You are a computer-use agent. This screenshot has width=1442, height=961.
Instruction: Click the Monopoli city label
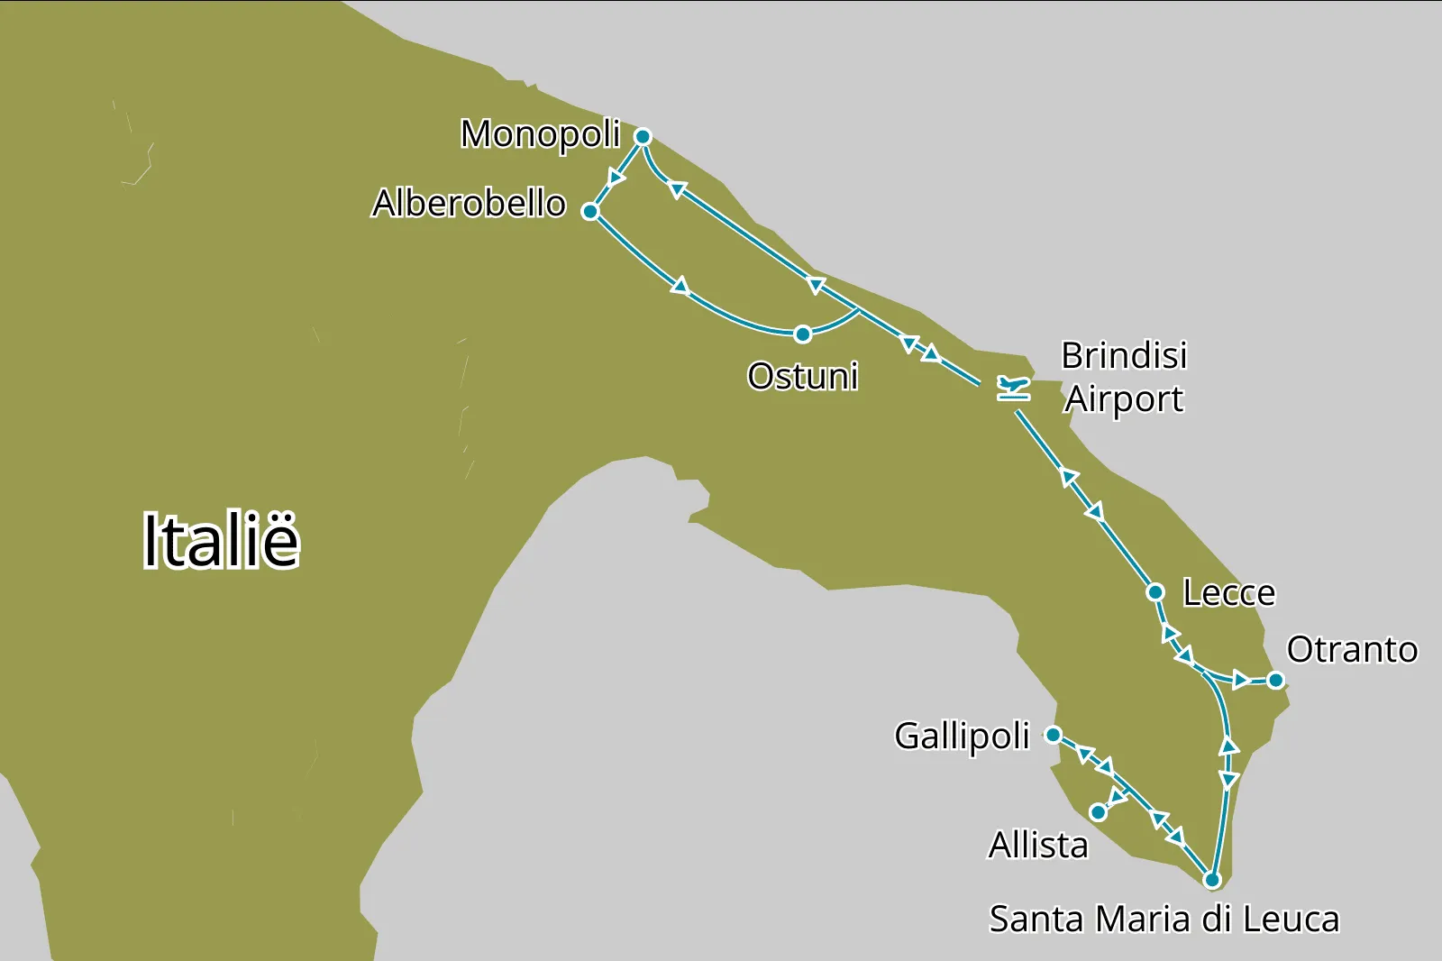pyautogui.click(x=540, y=134)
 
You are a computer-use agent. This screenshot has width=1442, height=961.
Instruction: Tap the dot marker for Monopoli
pyautogui.click(x=643, y=137)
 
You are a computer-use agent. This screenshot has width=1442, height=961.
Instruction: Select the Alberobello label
pyautogui.click(x=469, y=204)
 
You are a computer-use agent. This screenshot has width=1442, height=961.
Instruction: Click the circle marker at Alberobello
pyautogui.click(x=590, y=212)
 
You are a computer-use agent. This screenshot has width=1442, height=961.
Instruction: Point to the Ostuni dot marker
pyautogui.click(x=802, y=334)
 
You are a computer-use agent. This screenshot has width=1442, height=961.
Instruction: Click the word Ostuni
pyautogui.click(x=802, y=376)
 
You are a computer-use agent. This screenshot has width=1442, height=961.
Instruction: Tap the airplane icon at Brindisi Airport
pyautogui.click(x=1013, y=389)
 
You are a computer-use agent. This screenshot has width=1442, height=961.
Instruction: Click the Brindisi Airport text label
pyautogui.click(x=1124, y=377)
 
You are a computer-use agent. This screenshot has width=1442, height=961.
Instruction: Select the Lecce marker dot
pyautogui.click(x=1155, y=592)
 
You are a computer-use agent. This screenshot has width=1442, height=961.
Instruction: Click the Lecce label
pyautogui.click(x=1228, y=593)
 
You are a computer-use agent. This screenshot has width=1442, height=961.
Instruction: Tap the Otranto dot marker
pyautogui.click(x=1275, y=680)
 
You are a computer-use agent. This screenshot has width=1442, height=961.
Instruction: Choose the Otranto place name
pyautogui.click(x=1351, y=650)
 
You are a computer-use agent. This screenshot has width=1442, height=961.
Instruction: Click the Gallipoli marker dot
pyautogui.click(x=1053, y=735)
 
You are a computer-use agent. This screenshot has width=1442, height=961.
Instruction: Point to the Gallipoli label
pyautogui.click(x=962, y=737)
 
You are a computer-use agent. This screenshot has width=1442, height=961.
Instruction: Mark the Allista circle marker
pyautogui.click(x=1098, y=812)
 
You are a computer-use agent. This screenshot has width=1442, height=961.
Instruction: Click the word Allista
pyautogui.click(x=1038, y=846)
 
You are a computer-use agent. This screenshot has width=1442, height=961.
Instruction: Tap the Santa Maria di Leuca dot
pyautogui.click(x=1212, y=880)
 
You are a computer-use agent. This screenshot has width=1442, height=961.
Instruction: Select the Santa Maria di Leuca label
pyautogui.click(x=1164, y=920)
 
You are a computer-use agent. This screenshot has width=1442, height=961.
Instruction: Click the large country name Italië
pyautogui.click(x=221, y=541)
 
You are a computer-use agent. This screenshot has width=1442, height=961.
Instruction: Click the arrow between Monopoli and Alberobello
pyautogui.click(x=617, y=176)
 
